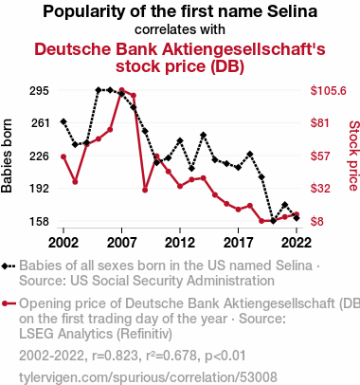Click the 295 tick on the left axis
coord(39,91)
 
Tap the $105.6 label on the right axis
coord(328,91)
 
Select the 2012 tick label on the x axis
coord(180,243)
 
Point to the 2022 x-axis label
coord(297,243)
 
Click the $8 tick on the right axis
coord(316,221)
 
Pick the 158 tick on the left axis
coord(39,221)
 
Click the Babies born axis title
coord(7,156)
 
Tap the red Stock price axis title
coord(353,156)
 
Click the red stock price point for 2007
coord(122,90)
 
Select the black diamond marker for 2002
coord(63,121)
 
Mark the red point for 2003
coord(75,182)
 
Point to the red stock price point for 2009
coord(145,190)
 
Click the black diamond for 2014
coord(204,136)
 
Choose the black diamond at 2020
coord(273,221)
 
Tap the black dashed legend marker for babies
coord(9,266)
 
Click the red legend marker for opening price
coord(9,303)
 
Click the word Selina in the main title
coord(292,11)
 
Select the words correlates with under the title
coord(180,29)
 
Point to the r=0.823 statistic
coord(115,356)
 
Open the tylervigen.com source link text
coord(148,377)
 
